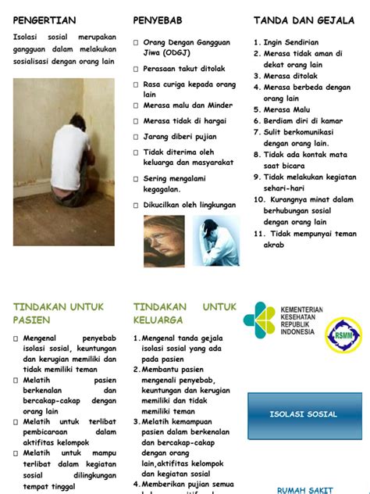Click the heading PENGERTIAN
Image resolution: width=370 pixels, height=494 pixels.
click(44, 20)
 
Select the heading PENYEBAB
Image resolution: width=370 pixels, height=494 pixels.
click(159, 20)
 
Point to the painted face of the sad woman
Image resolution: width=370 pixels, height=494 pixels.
click(164, 242)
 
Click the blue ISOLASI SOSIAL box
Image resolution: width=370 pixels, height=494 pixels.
click(304, 414)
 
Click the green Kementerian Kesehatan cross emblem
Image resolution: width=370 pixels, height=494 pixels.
click(259, 320)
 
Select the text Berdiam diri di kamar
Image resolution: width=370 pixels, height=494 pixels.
click(303, 122)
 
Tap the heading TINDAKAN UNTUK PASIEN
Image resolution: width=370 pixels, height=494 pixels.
click(59, 313)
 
